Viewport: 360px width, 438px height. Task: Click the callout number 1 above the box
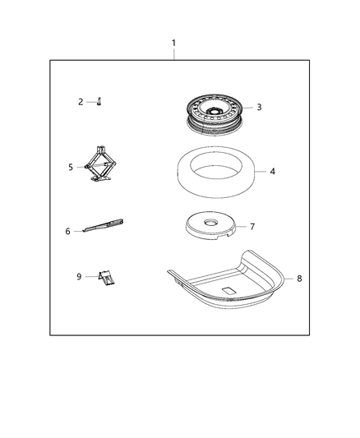point(173,42)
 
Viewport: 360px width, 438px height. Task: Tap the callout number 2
point(81,102)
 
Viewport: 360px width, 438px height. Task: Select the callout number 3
point(259,107)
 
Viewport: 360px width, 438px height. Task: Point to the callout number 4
point(273,172)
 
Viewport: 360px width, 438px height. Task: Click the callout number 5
point(72,166)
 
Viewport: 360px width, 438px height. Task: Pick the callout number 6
point(68,231)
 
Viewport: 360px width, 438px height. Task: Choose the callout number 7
point(252,226)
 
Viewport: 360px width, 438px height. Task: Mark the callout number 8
point(299,279)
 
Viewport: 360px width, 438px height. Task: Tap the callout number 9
point(80,277)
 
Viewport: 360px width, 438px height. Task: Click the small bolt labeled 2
point(99,101)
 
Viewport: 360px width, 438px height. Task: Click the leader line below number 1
point(173,53)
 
